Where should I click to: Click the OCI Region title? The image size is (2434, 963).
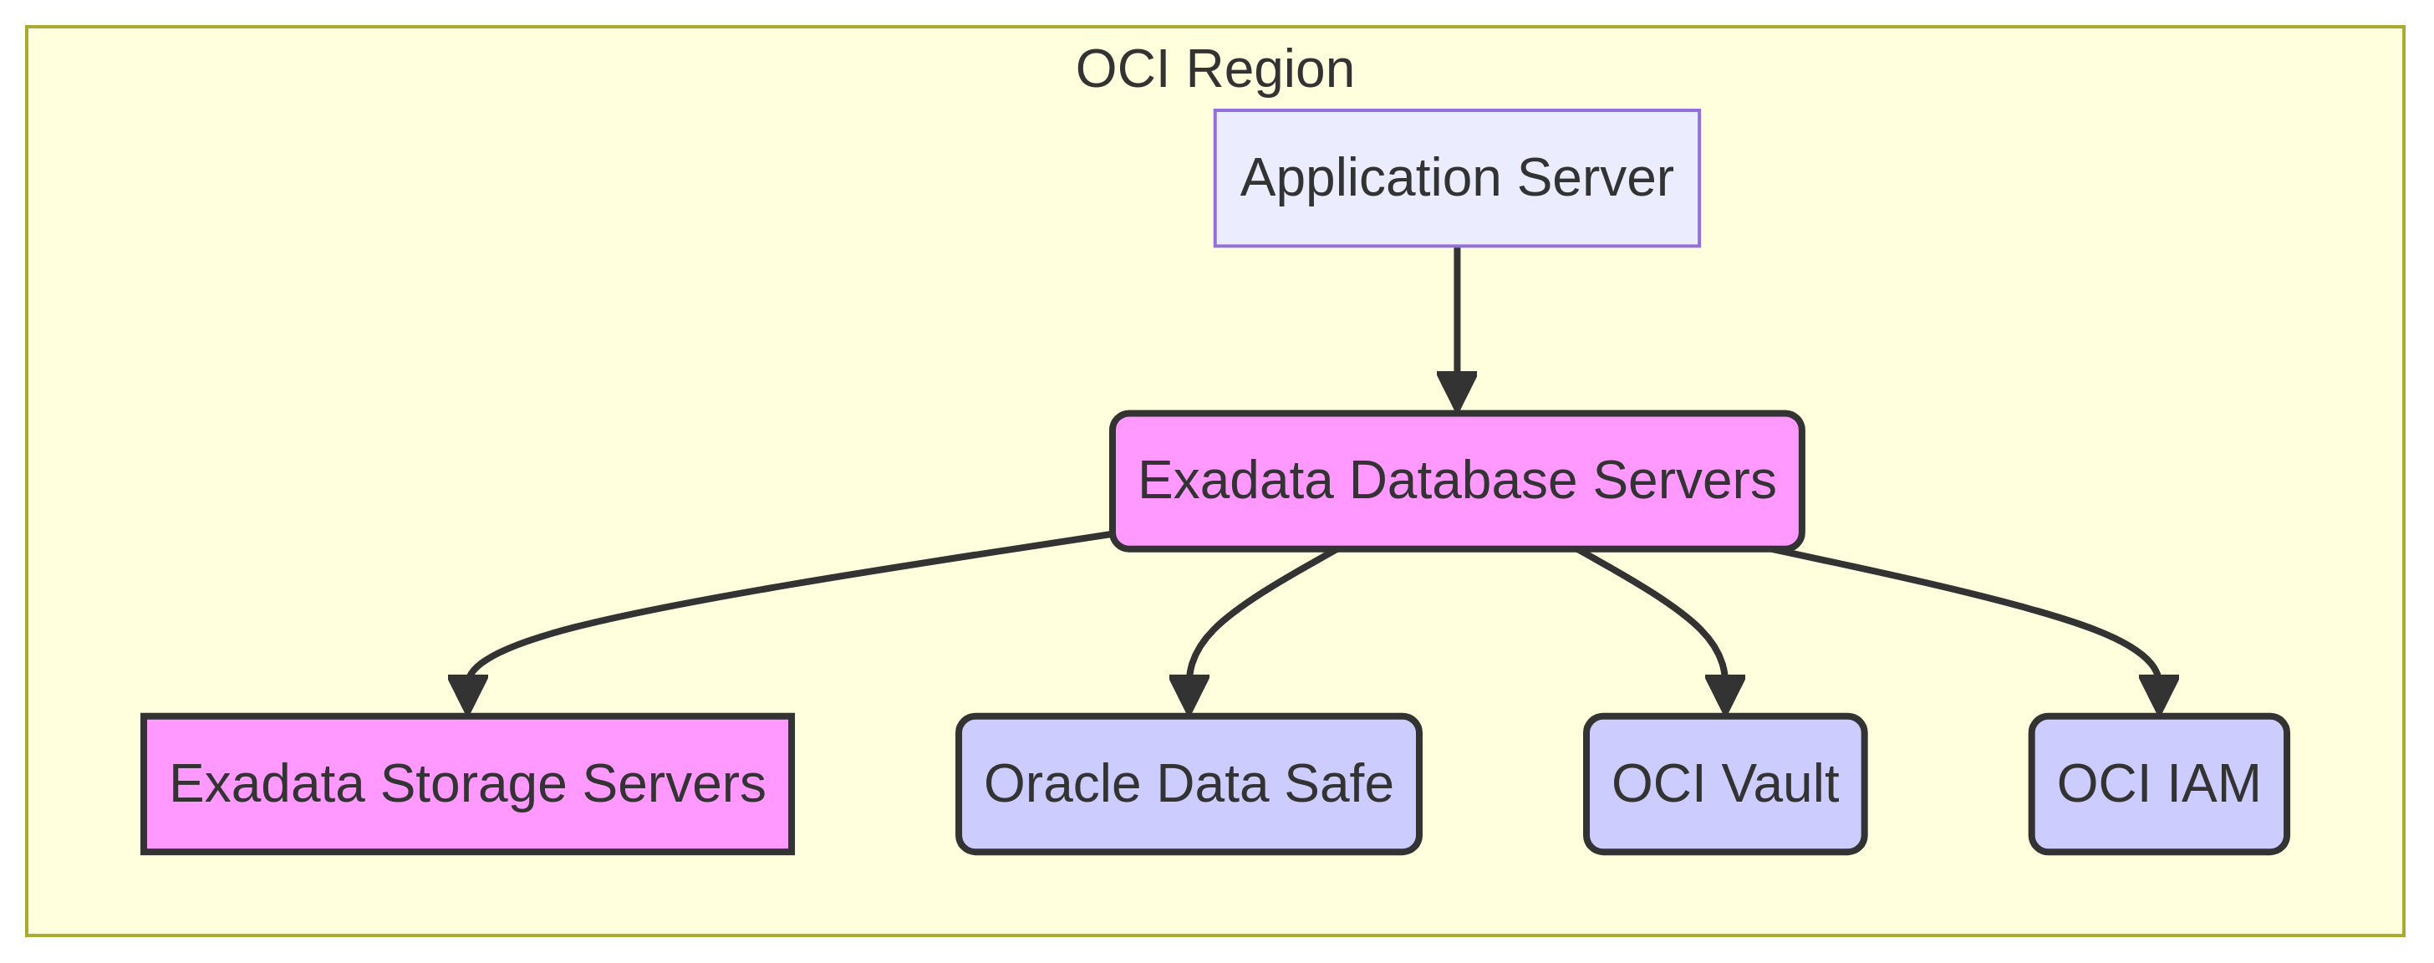pos(1214,69)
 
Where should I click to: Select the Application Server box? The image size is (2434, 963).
pos(1456,178)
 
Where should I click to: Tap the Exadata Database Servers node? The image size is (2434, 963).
pos(1456,480)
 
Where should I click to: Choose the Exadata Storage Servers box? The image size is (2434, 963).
pos(468,783)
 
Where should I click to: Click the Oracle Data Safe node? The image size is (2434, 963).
pos(1189,783)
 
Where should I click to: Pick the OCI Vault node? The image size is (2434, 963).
pos(1724,783)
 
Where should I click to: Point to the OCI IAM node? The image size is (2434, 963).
pos(2158,783)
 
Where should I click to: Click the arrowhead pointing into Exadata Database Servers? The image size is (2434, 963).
pos(1457,392)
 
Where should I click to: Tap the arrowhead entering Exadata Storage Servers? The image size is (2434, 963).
pos(468,695)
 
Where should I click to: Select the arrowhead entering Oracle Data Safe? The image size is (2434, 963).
pos(1189,695)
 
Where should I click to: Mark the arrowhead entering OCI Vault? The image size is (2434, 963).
pos(1725,695)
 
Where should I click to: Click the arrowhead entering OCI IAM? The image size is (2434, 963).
pos(2159,695)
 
